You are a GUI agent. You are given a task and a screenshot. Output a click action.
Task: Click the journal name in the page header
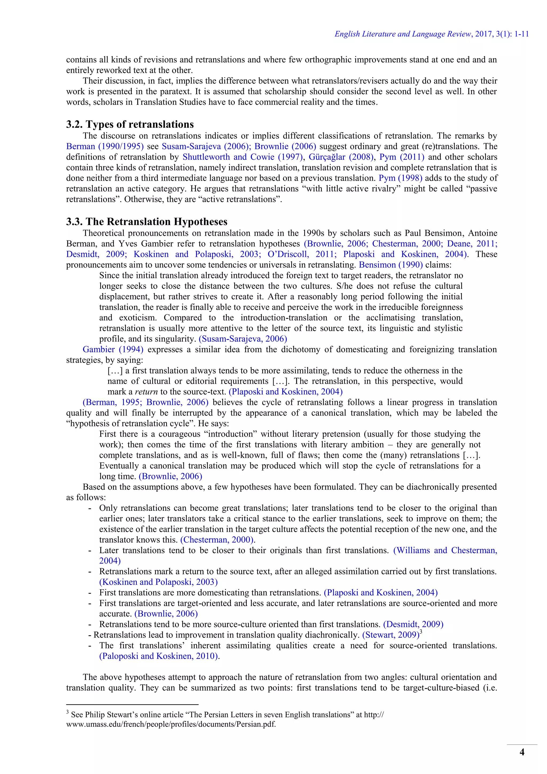pos(403,34)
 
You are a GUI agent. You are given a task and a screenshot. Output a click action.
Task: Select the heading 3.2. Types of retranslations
pos(130,124)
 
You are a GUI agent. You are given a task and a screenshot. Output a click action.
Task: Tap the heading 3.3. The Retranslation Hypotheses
pos(147,222)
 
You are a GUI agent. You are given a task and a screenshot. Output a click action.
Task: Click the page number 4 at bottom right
pos(522,752)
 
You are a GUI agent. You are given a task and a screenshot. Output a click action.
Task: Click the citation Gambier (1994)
pos(113,350)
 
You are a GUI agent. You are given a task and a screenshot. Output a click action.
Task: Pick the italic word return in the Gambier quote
pos(146,392)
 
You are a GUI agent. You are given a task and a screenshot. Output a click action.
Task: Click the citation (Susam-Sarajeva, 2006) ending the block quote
pos(243,339)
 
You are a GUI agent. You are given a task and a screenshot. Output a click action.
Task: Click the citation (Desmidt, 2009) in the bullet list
pos(413,624)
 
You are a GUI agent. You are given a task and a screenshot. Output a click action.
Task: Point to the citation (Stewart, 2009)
pos(390,635)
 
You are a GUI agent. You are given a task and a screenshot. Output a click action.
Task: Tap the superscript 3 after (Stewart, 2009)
pos(421,632)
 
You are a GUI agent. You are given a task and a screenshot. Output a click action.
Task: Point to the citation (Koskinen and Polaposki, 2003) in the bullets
pos(158,582)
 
